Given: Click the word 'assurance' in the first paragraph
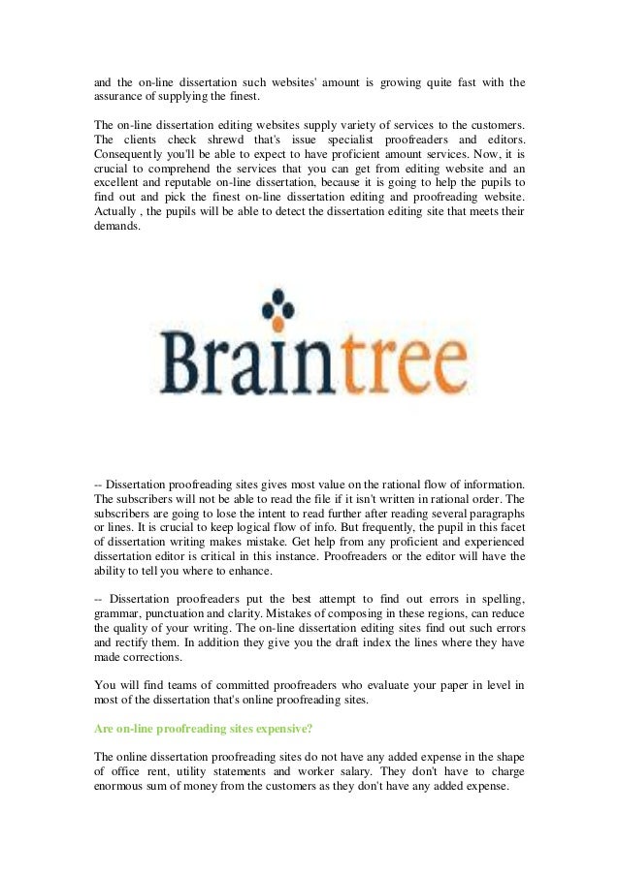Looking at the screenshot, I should [x=118, y=98].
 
